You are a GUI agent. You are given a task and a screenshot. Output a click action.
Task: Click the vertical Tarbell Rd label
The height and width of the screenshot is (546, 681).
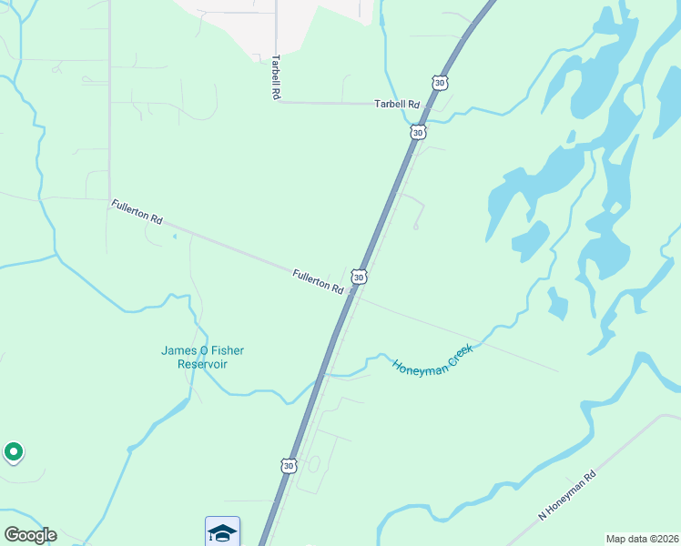[x=274, y=77]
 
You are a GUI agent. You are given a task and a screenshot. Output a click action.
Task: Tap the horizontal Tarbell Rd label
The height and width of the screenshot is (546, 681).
[x=396, y=105]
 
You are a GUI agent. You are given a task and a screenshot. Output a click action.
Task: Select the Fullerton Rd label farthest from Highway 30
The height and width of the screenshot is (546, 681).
[x=137, y=212]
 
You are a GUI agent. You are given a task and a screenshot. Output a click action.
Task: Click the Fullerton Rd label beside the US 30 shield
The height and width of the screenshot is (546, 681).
[x=318, y=281]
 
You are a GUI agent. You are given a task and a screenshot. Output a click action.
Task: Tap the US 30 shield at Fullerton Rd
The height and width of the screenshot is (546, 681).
[x=359, y=276]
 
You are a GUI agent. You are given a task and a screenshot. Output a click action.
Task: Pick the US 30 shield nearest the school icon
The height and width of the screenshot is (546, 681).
[x=289, y=465]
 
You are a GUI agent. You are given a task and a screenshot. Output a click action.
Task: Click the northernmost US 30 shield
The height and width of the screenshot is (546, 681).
[x=440, y=83]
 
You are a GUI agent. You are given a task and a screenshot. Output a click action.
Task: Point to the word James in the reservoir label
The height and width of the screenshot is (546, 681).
[x=178, y=350]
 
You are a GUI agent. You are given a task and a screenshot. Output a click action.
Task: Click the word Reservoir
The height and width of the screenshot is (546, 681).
[x=202, y=364]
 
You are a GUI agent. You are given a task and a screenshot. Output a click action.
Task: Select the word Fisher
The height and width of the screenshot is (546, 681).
[x=228, y=350]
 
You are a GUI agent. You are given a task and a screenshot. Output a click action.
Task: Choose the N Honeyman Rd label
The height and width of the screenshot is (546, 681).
[x=566, y=494]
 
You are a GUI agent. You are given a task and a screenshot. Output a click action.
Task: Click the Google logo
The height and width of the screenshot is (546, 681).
[x=30, y=535]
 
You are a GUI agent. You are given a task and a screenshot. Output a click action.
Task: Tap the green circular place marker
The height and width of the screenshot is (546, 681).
[x=14, y=450]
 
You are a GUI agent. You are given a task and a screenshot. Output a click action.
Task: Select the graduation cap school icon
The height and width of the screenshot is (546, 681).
[x=222, y=531]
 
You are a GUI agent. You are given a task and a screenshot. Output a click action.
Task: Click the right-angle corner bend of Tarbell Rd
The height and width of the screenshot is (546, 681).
[x=277, y=102]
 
